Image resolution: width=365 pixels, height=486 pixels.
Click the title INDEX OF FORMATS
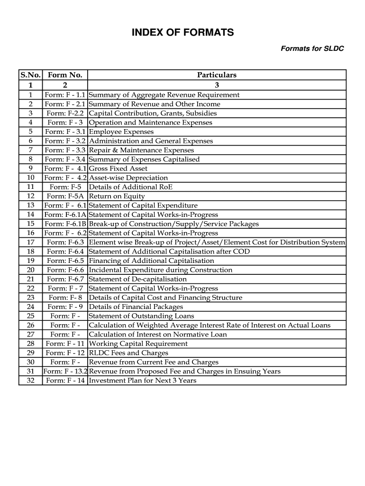[x=182, y=33]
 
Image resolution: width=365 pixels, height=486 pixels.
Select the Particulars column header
[x=217, y=75]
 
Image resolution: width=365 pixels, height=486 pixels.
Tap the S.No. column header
[x=30, y=75]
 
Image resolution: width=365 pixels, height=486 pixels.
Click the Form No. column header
[x=65, y=75]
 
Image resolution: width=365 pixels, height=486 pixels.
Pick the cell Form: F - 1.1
[x=65, y=95]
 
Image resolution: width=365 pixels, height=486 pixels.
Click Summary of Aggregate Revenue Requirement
[x=164, y=95]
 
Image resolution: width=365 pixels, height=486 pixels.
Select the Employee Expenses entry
[x=121, y=132]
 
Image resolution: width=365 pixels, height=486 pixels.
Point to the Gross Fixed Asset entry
[x=118, y=168]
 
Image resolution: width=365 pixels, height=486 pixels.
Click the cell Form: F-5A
[x=65, y=196]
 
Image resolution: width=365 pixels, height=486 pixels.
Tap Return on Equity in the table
[x=117, y=196]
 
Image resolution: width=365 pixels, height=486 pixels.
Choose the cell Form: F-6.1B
[x=65, y=224]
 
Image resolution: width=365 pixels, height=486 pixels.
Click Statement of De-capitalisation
[x=138, y=279]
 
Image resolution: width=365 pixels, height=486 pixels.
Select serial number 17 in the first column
[x=30, y=242]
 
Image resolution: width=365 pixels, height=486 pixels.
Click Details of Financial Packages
[x=135, y=307]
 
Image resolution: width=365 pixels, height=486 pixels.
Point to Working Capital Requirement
[x=138, y=344]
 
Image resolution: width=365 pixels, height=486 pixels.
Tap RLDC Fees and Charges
[x=128, y=353]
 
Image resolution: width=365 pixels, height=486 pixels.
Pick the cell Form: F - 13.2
[x=65, y=371]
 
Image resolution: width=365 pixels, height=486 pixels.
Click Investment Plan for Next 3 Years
[x=142, y=380]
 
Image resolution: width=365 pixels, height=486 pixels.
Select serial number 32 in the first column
[x=30, y=380]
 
